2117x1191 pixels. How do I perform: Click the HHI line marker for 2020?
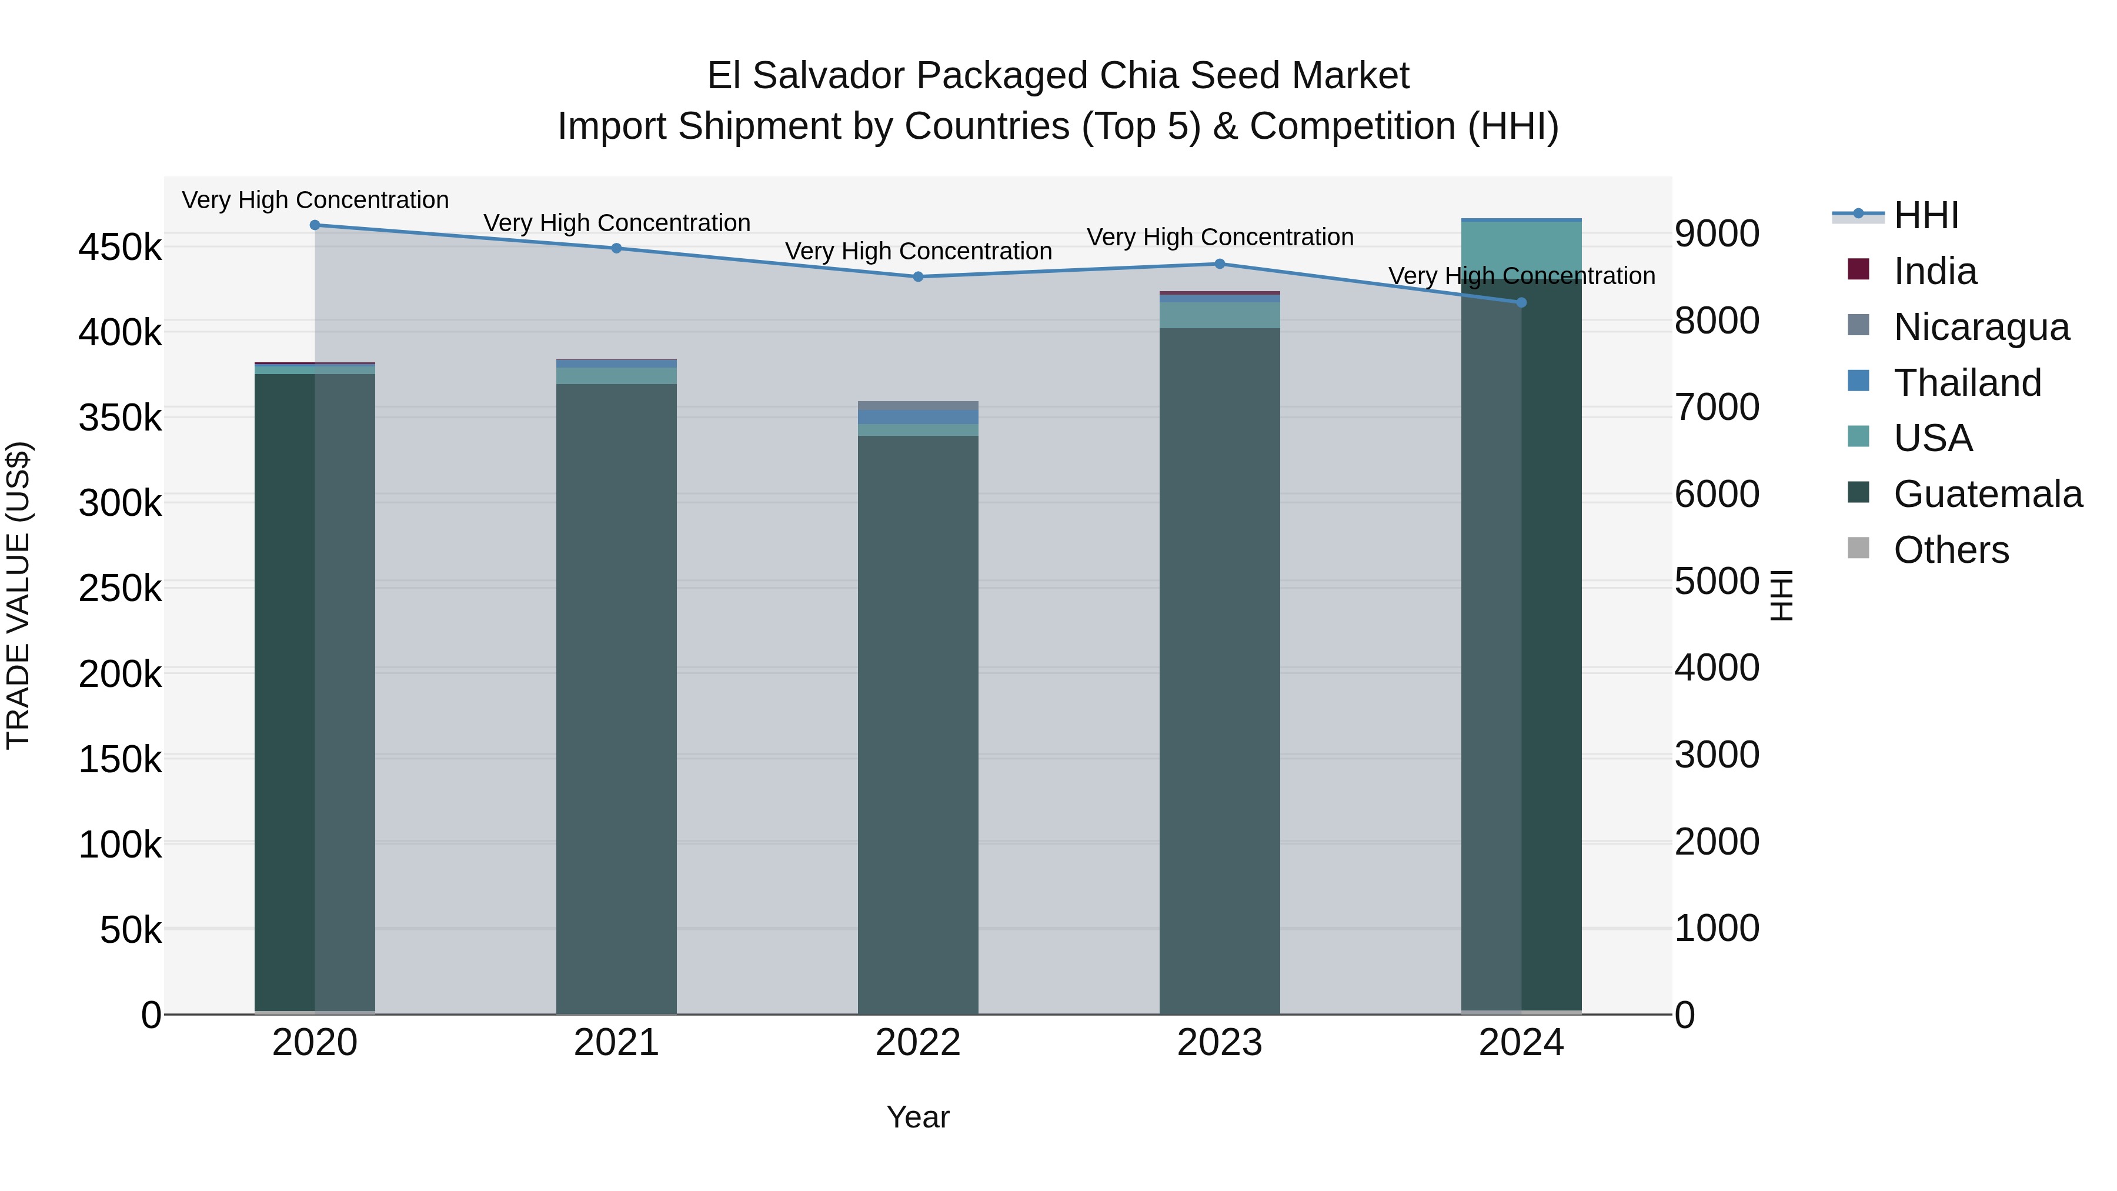click(315, 225)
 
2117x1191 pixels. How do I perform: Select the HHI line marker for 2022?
click(918, 277)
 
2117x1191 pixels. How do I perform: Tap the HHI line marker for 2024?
click(1521, 302)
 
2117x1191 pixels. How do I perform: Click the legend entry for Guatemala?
click(1987, 495)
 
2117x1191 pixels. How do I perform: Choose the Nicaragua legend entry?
click(1981, 327)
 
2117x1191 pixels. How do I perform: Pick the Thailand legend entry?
click(1966, 383)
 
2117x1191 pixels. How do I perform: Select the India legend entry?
click(1935, 271)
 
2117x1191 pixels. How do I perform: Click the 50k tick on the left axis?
click(131, 930)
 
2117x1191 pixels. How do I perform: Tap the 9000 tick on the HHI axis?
click(1717, 233)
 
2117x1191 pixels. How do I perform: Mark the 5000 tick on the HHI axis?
click(1717, 581)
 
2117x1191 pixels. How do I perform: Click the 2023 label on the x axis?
click(1220, 1043)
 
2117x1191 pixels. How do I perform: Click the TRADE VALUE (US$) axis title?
click(18, 595)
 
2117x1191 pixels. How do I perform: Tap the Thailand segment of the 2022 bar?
click(918, 418)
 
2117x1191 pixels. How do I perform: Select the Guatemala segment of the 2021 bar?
click(616, 699)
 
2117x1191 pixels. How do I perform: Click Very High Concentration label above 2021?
click(616, 223)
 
